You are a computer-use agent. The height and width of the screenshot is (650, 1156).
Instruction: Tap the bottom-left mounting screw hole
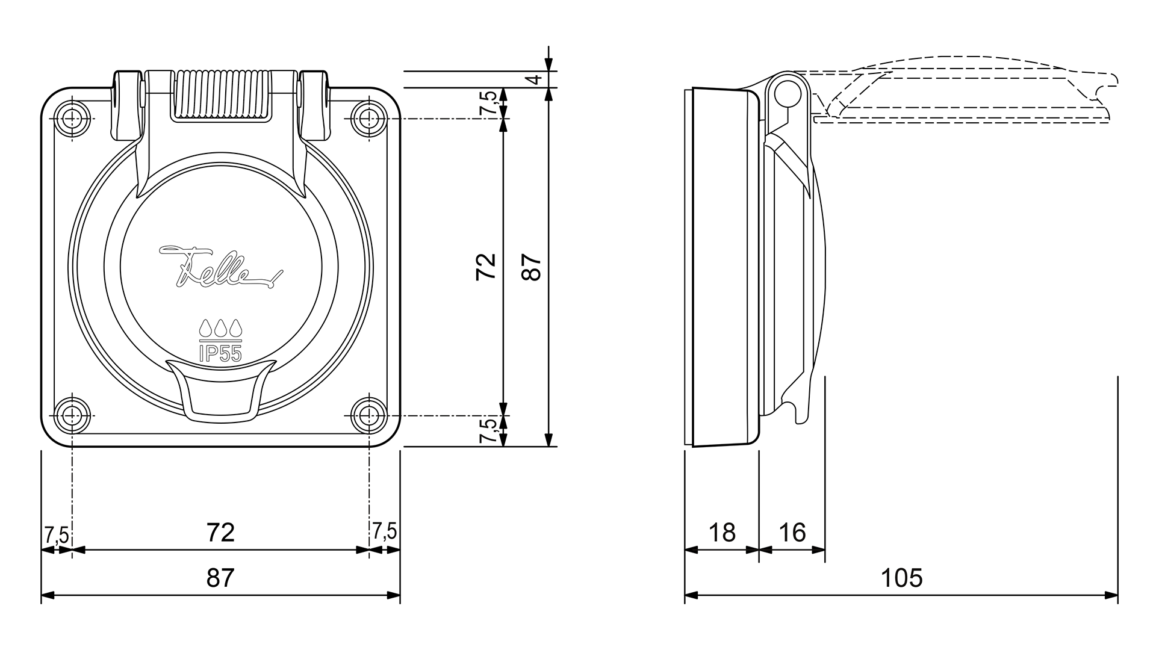pyautogui.click(x=72, y=414)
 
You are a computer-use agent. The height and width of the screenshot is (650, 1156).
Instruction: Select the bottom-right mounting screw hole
pyautogui.click(x=368, y=414)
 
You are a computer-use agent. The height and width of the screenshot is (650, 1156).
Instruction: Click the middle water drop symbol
pyautogui.click(x=220, y=328)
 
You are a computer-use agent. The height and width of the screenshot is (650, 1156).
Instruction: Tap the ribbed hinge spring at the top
pyautogui.click(x=220, y=95)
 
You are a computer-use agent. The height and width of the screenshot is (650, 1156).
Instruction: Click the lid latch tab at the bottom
pyautogui.click(x=220, y=389)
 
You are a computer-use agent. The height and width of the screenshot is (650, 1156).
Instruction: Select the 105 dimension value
pyautogui.click(x=901, y=578)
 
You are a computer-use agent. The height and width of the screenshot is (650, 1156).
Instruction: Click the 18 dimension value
pyautogui.click(x=722, y=532)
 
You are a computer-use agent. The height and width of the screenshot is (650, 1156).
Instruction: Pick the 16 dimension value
pyautogui.click(x=792, y=532)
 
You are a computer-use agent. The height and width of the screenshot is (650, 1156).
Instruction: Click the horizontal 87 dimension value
pyautogui.click(x=220, y=578)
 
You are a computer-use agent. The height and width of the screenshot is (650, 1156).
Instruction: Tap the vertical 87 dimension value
pyautogui.click(x=532, y=267)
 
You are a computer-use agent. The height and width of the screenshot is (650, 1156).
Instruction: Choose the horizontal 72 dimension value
pyautogui.click(x=220, y=532)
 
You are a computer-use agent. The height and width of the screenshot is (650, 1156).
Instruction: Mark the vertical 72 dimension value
pyautogui.click(x=486, y=267)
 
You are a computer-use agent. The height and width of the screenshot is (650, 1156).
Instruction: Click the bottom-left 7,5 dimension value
pyautogui.click(x=56, y=534)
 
